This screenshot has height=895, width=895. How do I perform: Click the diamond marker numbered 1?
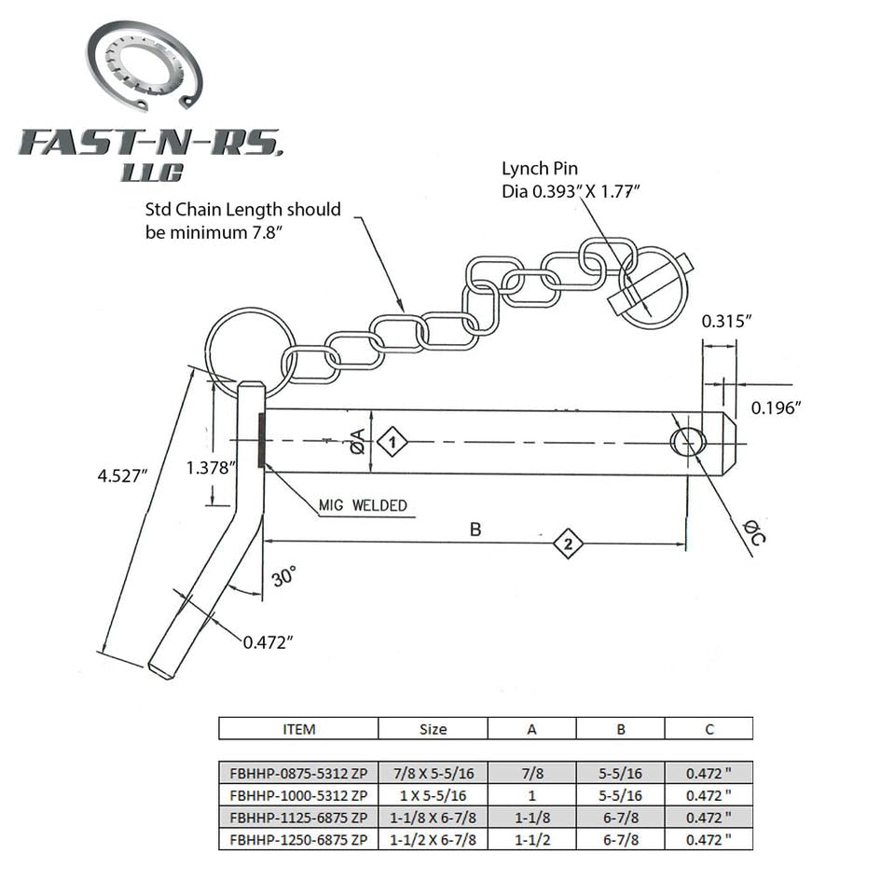[393, 442]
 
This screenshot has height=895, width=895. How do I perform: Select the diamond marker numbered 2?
[568, 543]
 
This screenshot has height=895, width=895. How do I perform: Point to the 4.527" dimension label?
[122, 475]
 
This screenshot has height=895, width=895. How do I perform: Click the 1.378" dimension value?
[208, 468]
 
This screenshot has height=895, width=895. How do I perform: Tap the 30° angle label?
[282, 575]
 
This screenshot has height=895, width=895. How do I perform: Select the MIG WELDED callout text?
[363, 505]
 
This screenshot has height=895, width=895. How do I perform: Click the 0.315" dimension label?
[726, 321]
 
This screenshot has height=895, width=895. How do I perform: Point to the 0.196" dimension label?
[776, 406]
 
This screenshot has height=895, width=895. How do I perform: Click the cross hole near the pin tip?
[687, 441]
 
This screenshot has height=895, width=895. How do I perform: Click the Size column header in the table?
[433, 729]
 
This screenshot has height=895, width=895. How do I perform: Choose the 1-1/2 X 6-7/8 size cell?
[433, 840]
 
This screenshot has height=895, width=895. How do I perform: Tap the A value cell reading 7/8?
[531, 773]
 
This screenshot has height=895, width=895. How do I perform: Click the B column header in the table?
[619, 729]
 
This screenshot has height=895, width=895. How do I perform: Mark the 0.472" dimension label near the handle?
[268, 641]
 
